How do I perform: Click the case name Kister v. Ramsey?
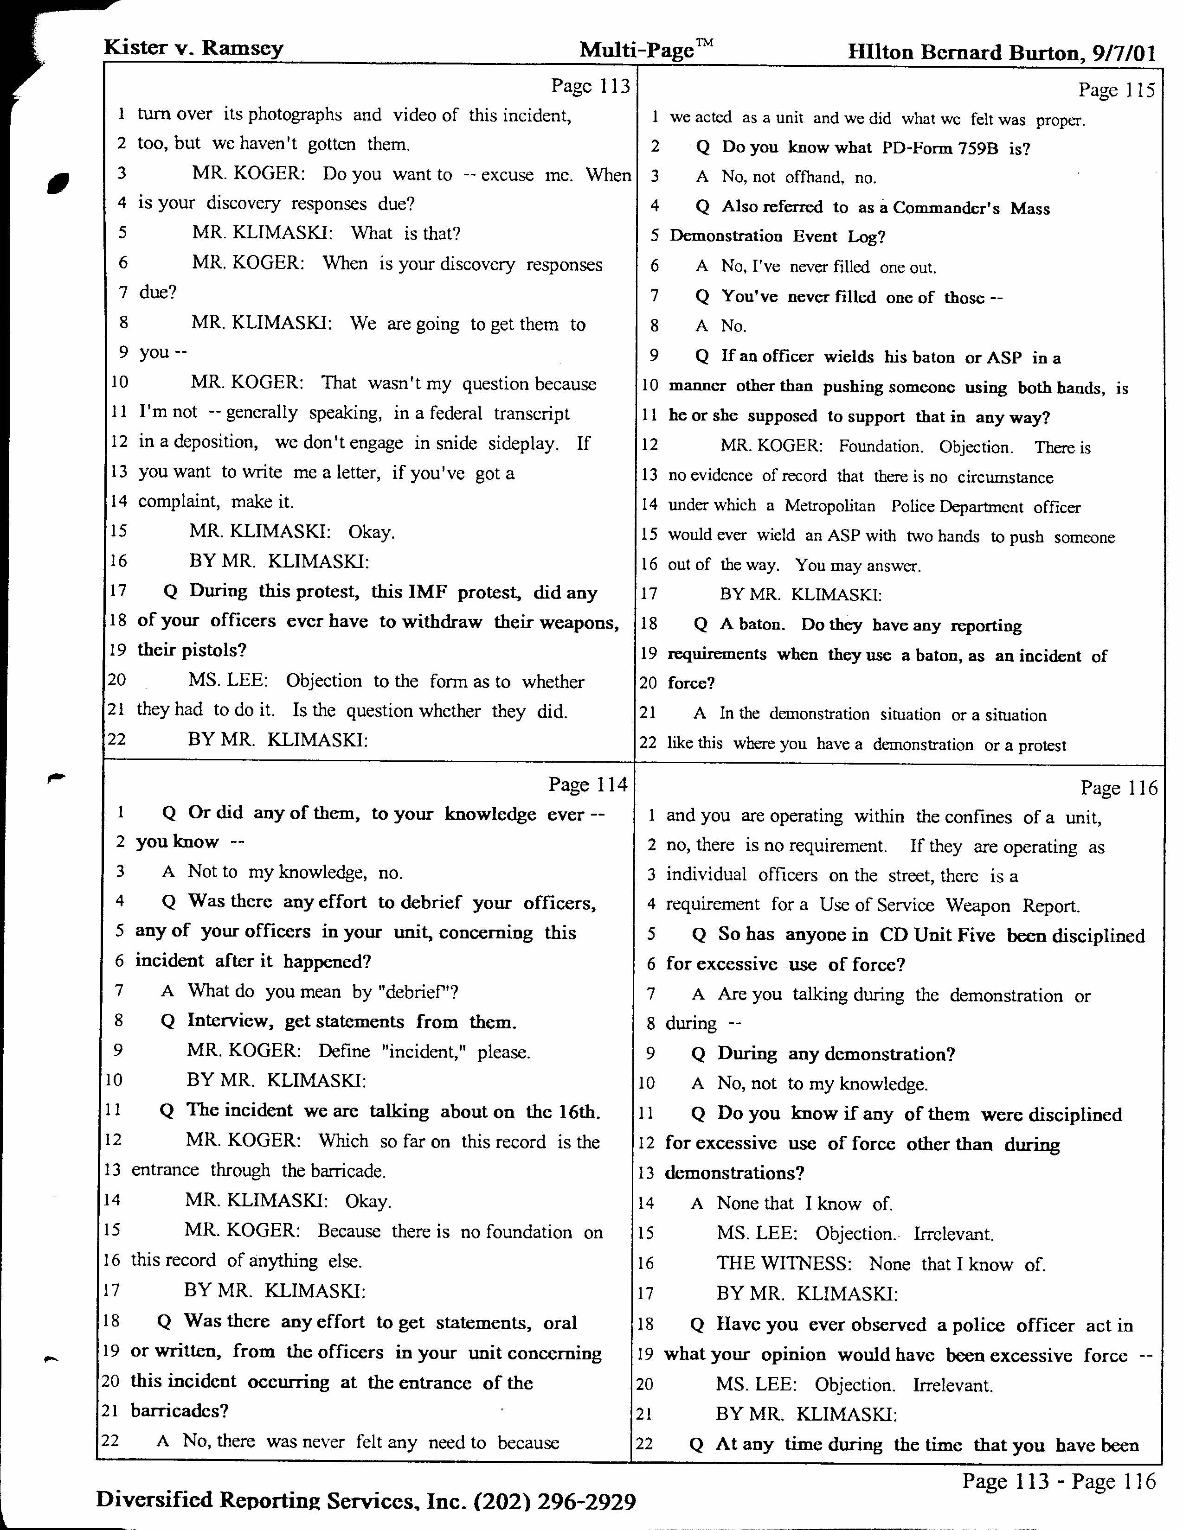(193, 48)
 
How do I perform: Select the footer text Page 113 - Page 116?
(1058, 1480)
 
